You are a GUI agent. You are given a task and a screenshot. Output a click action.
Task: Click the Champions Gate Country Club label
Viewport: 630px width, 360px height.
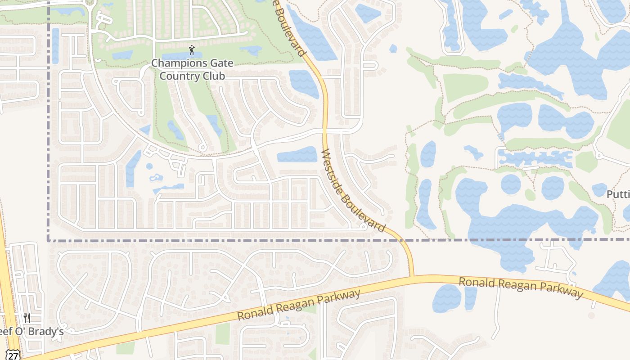click(x=192, y=69)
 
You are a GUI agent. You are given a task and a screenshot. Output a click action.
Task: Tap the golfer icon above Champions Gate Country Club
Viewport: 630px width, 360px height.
click(x=192, y=49)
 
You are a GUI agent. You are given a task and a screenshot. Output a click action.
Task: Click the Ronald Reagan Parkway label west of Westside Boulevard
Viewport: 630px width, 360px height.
click(x=299, y=305)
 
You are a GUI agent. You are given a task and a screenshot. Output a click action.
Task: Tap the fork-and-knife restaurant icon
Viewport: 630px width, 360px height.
click(x=27, y=318)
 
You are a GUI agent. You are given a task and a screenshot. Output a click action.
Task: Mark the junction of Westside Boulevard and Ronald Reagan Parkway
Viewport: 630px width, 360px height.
click(x=412, y=276)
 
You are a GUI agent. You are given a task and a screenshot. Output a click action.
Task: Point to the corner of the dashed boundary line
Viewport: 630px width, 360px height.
click(x=48, y=241)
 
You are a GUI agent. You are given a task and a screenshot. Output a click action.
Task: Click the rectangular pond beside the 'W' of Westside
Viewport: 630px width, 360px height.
click(x=297, y=155)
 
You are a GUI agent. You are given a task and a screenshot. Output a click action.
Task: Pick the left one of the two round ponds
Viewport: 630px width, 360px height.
click(x=511, y=184)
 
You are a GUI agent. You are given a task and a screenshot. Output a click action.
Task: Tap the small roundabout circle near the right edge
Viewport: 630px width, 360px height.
click(x=598, y=156)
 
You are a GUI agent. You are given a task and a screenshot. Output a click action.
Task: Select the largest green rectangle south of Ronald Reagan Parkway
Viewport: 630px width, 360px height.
click(x=222, y=333)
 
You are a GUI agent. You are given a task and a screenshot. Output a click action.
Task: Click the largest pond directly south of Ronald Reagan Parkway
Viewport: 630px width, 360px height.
click(x=447, y=298)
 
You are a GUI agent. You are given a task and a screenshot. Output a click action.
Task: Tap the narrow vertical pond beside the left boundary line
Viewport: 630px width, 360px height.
click(x=55, y=45)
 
